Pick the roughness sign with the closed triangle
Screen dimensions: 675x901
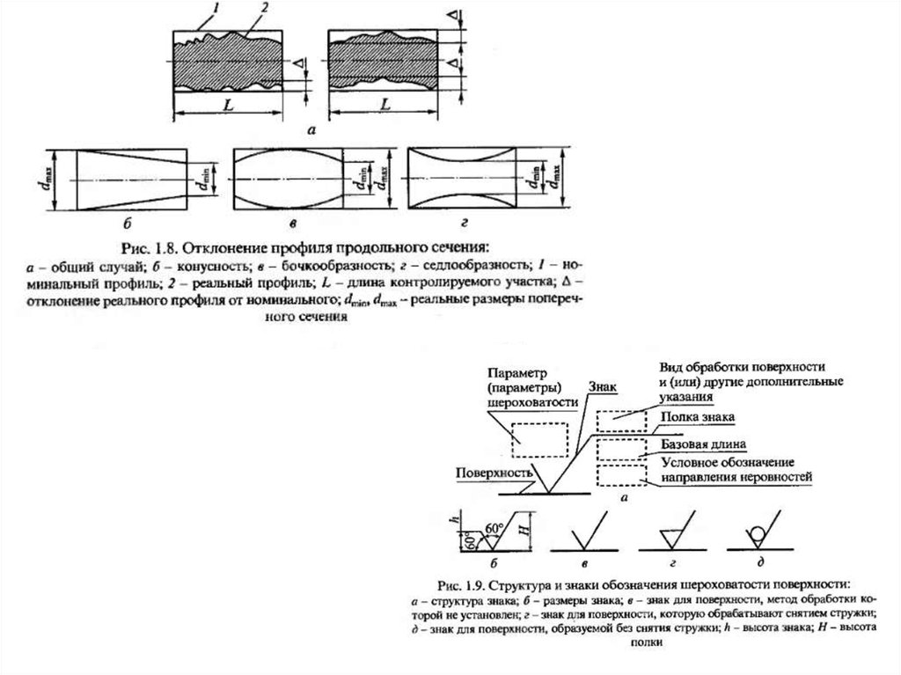(671, 534)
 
